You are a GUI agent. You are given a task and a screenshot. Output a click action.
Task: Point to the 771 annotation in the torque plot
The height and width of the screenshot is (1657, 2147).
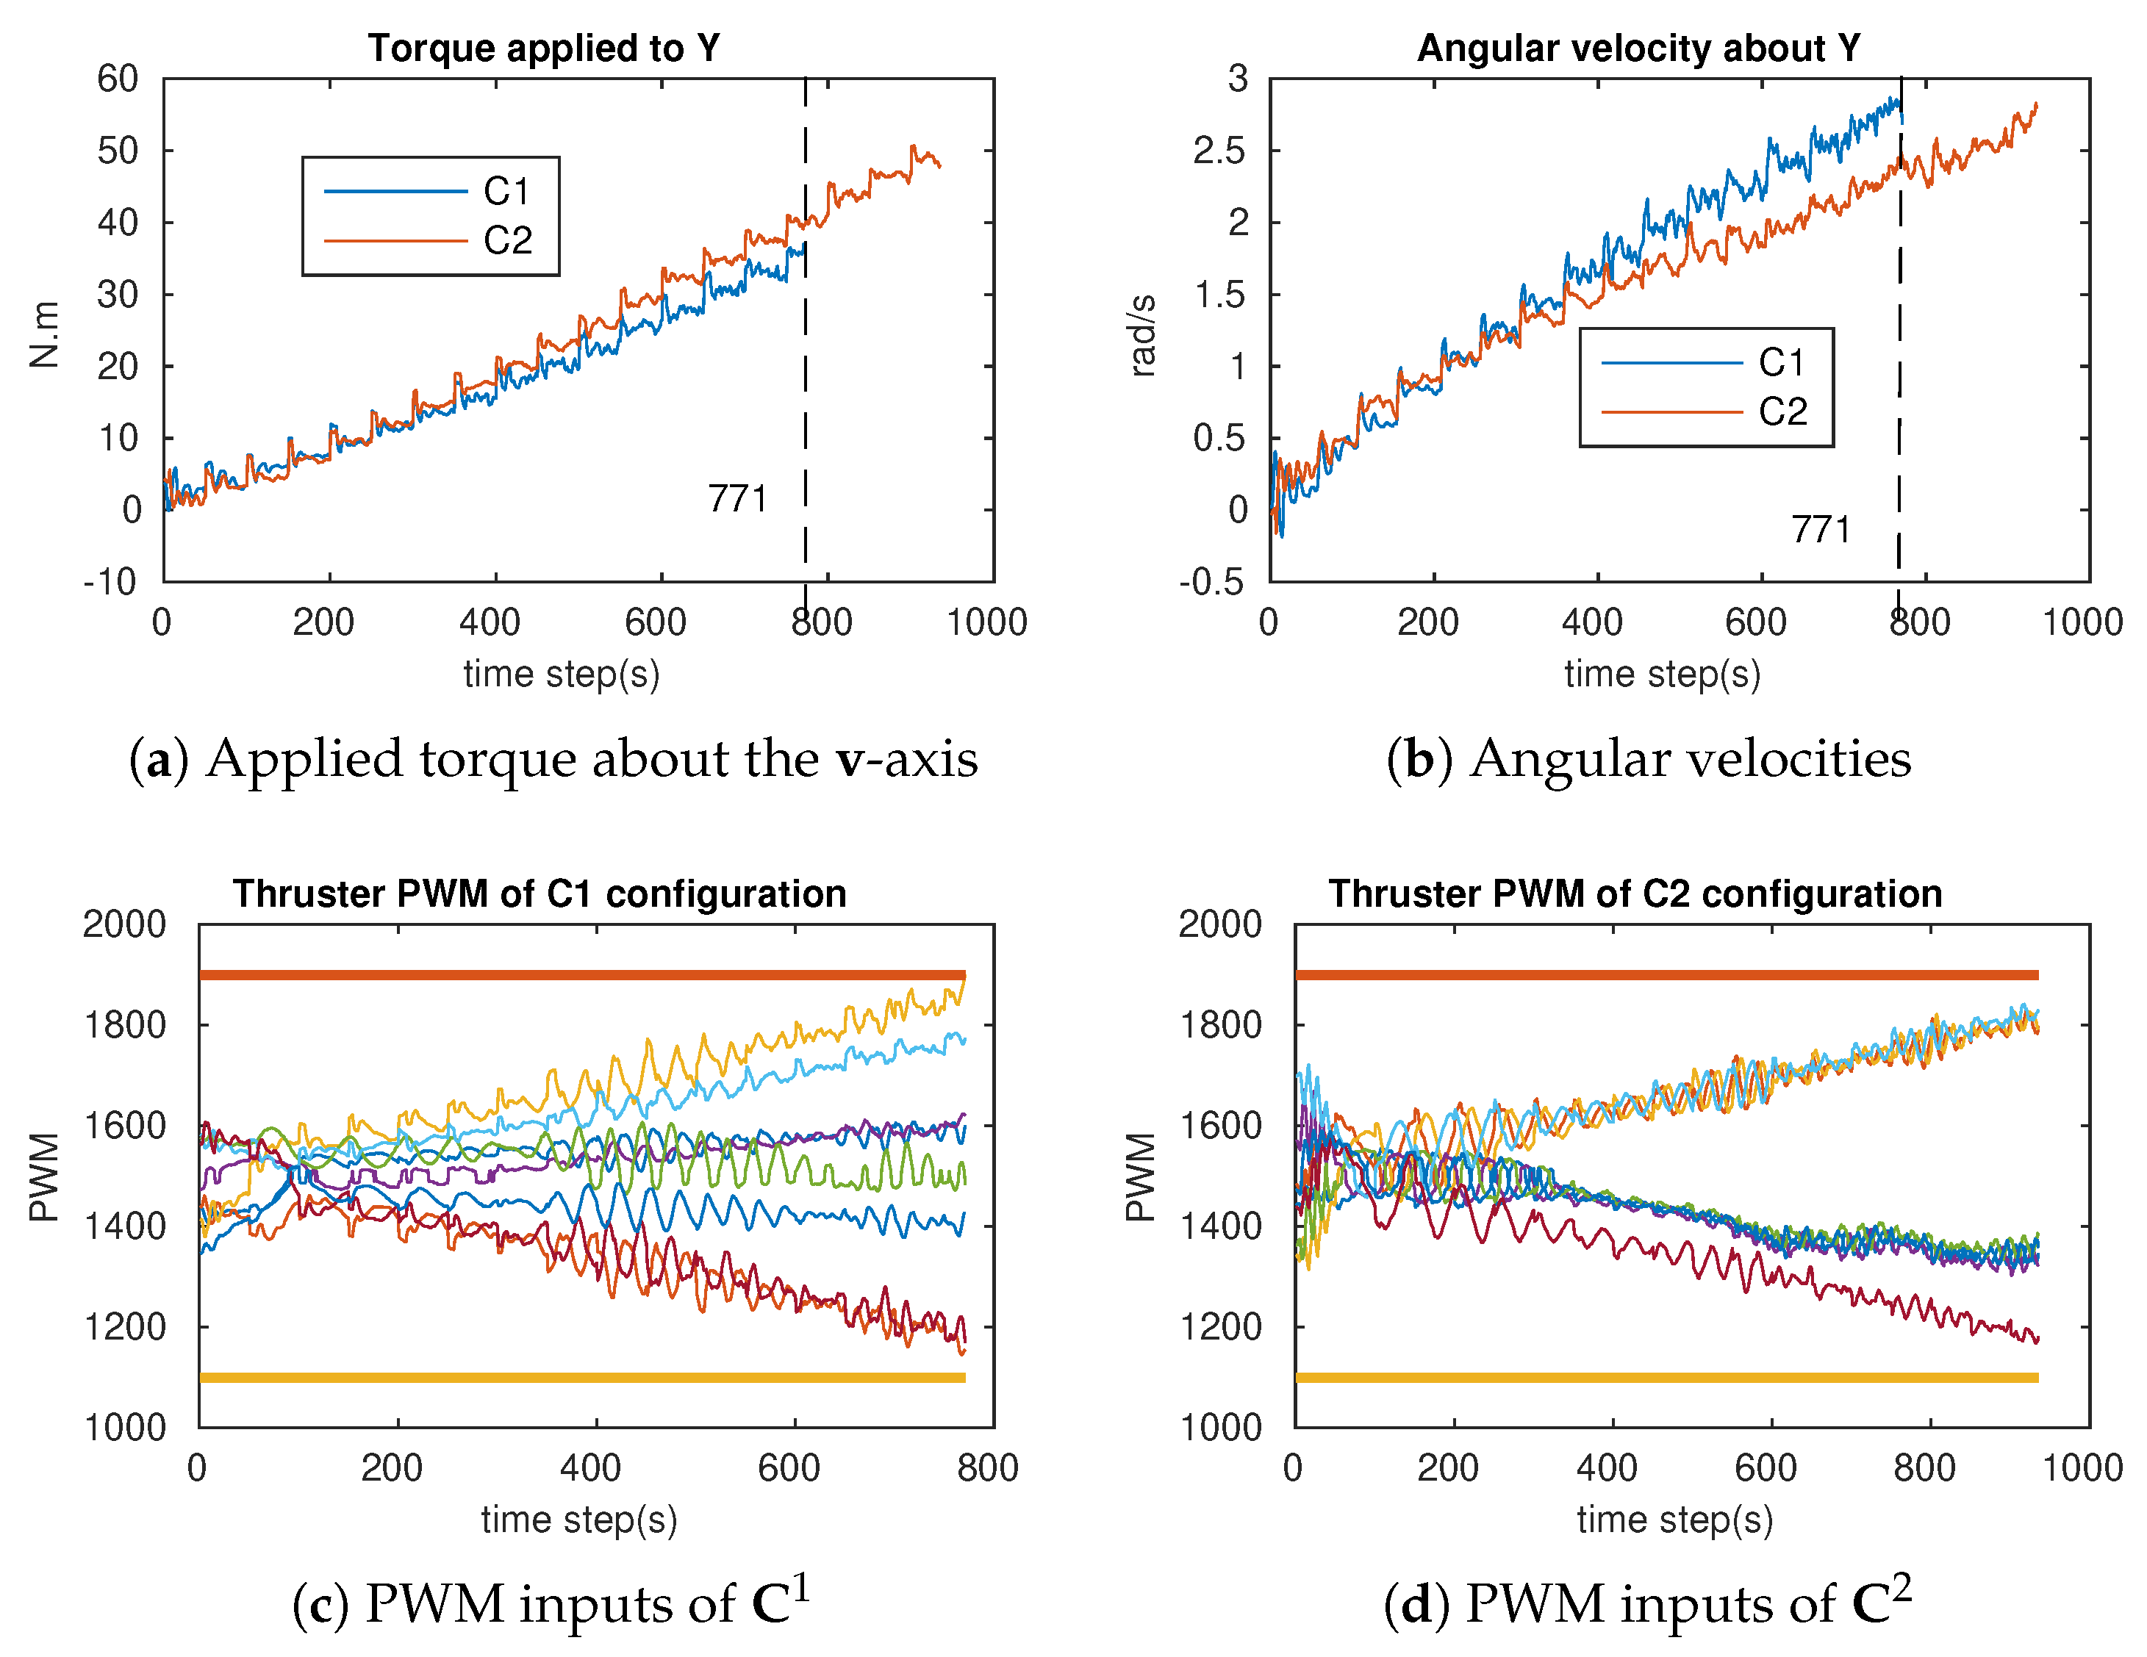pyautogui.click(x=737, y=499)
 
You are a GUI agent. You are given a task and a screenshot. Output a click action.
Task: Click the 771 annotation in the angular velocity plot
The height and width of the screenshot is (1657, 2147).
pyautogui.click(x=1821, y=530)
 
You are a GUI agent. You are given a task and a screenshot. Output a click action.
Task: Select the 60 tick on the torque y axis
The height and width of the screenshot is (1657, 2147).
pyautogui.click(x=118, y=79)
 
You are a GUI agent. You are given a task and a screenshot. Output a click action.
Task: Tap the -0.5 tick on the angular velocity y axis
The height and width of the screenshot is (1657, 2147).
pyautogui.click(x=1211, y=582)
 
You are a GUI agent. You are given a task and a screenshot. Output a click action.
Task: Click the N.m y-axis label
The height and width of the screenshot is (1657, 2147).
pyautogui.click(x=44, y=335)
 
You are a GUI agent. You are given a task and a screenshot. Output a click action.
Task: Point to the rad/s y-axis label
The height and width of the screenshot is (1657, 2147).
pyautogui.click(x=1142, y=335)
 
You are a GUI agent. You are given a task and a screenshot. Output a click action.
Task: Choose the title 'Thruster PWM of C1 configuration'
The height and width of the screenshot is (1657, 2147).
pyautogui.click(x=540, y=894)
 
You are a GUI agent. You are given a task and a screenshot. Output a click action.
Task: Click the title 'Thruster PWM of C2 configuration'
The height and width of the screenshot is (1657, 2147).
pyautogui.click(x=1635, y=894)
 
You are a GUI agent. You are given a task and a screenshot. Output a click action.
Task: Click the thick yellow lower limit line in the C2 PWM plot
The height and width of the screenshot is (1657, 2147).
pyautogui.click(x=1666, y=1378)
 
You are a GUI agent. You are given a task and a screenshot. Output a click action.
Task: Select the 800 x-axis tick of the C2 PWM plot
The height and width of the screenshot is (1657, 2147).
pyautogui.click(x=1924, y=1468)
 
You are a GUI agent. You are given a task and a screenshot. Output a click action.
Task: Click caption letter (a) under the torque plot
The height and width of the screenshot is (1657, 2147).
pyautogui.click(x=158, y=760)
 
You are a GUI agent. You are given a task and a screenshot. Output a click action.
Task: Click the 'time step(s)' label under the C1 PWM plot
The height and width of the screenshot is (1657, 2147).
pyautogui.click(x=579, y=1520)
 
